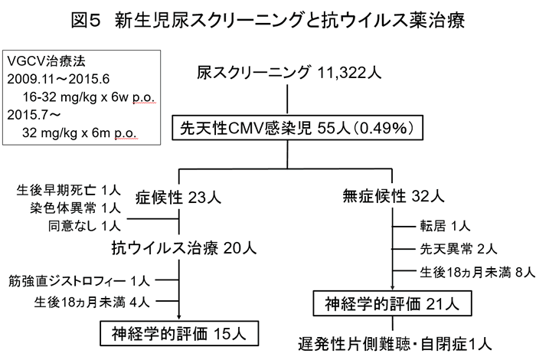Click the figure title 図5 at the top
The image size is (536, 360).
click(86, 20)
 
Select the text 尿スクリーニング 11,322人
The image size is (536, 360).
click(289, 73)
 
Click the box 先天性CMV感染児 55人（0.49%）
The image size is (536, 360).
click(297, 128)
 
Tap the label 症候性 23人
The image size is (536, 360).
click(178, 198)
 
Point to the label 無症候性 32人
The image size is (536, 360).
click(394, 196)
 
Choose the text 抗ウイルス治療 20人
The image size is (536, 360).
click(184, 247)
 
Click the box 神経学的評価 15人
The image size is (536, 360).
click(179, 333)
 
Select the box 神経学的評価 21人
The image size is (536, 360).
click(392, 303)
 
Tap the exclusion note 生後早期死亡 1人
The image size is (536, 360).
click(68, 190)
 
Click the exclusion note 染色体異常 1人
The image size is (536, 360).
click(75, 208)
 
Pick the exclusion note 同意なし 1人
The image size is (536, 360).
click(84, 226)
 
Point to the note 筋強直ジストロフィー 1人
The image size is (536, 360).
click(79, 281)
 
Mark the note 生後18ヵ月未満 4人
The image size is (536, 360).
click(92, 302)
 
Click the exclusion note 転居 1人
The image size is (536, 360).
click(445, 226)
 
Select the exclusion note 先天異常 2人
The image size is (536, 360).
click(459, 249)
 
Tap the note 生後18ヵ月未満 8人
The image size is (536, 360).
click(477, 272)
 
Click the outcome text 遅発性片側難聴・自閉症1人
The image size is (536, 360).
click(395, 344)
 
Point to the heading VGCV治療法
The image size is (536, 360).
click(46, 61)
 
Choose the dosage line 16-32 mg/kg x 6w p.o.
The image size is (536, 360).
click(89, 97)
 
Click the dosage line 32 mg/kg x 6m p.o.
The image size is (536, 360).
click(80, 133)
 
